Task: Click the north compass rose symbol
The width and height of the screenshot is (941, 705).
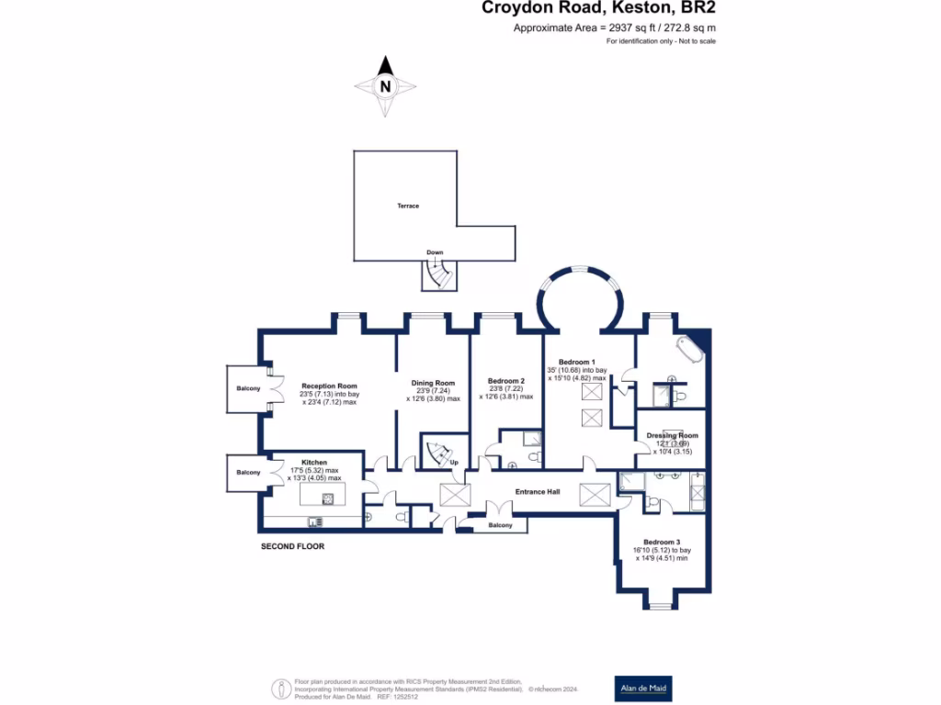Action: click(386, 86)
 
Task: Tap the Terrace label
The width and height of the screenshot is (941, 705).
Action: click(408, 206)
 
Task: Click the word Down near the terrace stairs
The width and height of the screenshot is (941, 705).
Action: click(435, 252)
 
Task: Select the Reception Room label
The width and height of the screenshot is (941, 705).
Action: click(329, 386)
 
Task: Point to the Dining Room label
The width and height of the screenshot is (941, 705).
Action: click(433, 383)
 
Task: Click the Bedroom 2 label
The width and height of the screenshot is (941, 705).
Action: click(506, 381)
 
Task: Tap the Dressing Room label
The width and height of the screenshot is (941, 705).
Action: click(672, 435)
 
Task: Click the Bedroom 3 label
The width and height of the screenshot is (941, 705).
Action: click(662, 543)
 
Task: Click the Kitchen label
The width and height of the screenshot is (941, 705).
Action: click(314, 462)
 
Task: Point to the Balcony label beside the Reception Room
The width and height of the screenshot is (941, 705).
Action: click(248, 389)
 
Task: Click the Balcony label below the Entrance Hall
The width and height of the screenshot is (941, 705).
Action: click(500, 525)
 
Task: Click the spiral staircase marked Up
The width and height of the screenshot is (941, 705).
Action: click(436, 452)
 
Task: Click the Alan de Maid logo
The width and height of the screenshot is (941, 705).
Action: click(642, 688)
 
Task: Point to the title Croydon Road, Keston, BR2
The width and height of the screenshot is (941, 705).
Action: click(599, 8)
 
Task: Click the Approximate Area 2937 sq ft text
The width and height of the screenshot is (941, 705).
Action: click(614, 28)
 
